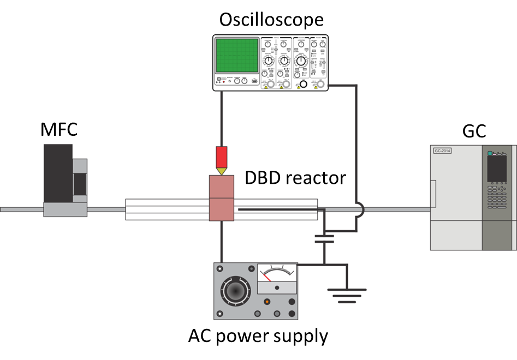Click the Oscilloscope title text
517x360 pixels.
[x=271, y=20]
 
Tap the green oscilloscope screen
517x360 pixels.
[x=237, y=56]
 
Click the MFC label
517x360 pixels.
[x=59, y=130]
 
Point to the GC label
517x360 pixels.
[x=473, y=131]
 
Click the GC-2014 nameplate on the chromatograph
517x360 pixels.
[x=442, y=151]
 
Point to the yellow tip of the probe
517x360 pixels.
[x=221, y=171]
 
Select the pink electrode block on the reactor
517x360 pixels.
[x=221, y=198]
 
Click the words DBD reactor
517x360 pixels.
[x=295, y=178]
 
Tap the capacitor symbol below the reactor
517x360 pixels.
[x=324, y=238]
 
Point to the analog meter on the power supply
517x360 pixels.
[x=277, y=274]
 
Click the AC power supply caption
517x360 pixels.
[x=258, y=336]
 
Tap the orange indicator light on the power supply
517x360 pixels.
[x=267, y=301]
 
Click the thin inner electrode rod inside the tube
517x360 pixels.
[x=278, y=208]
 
